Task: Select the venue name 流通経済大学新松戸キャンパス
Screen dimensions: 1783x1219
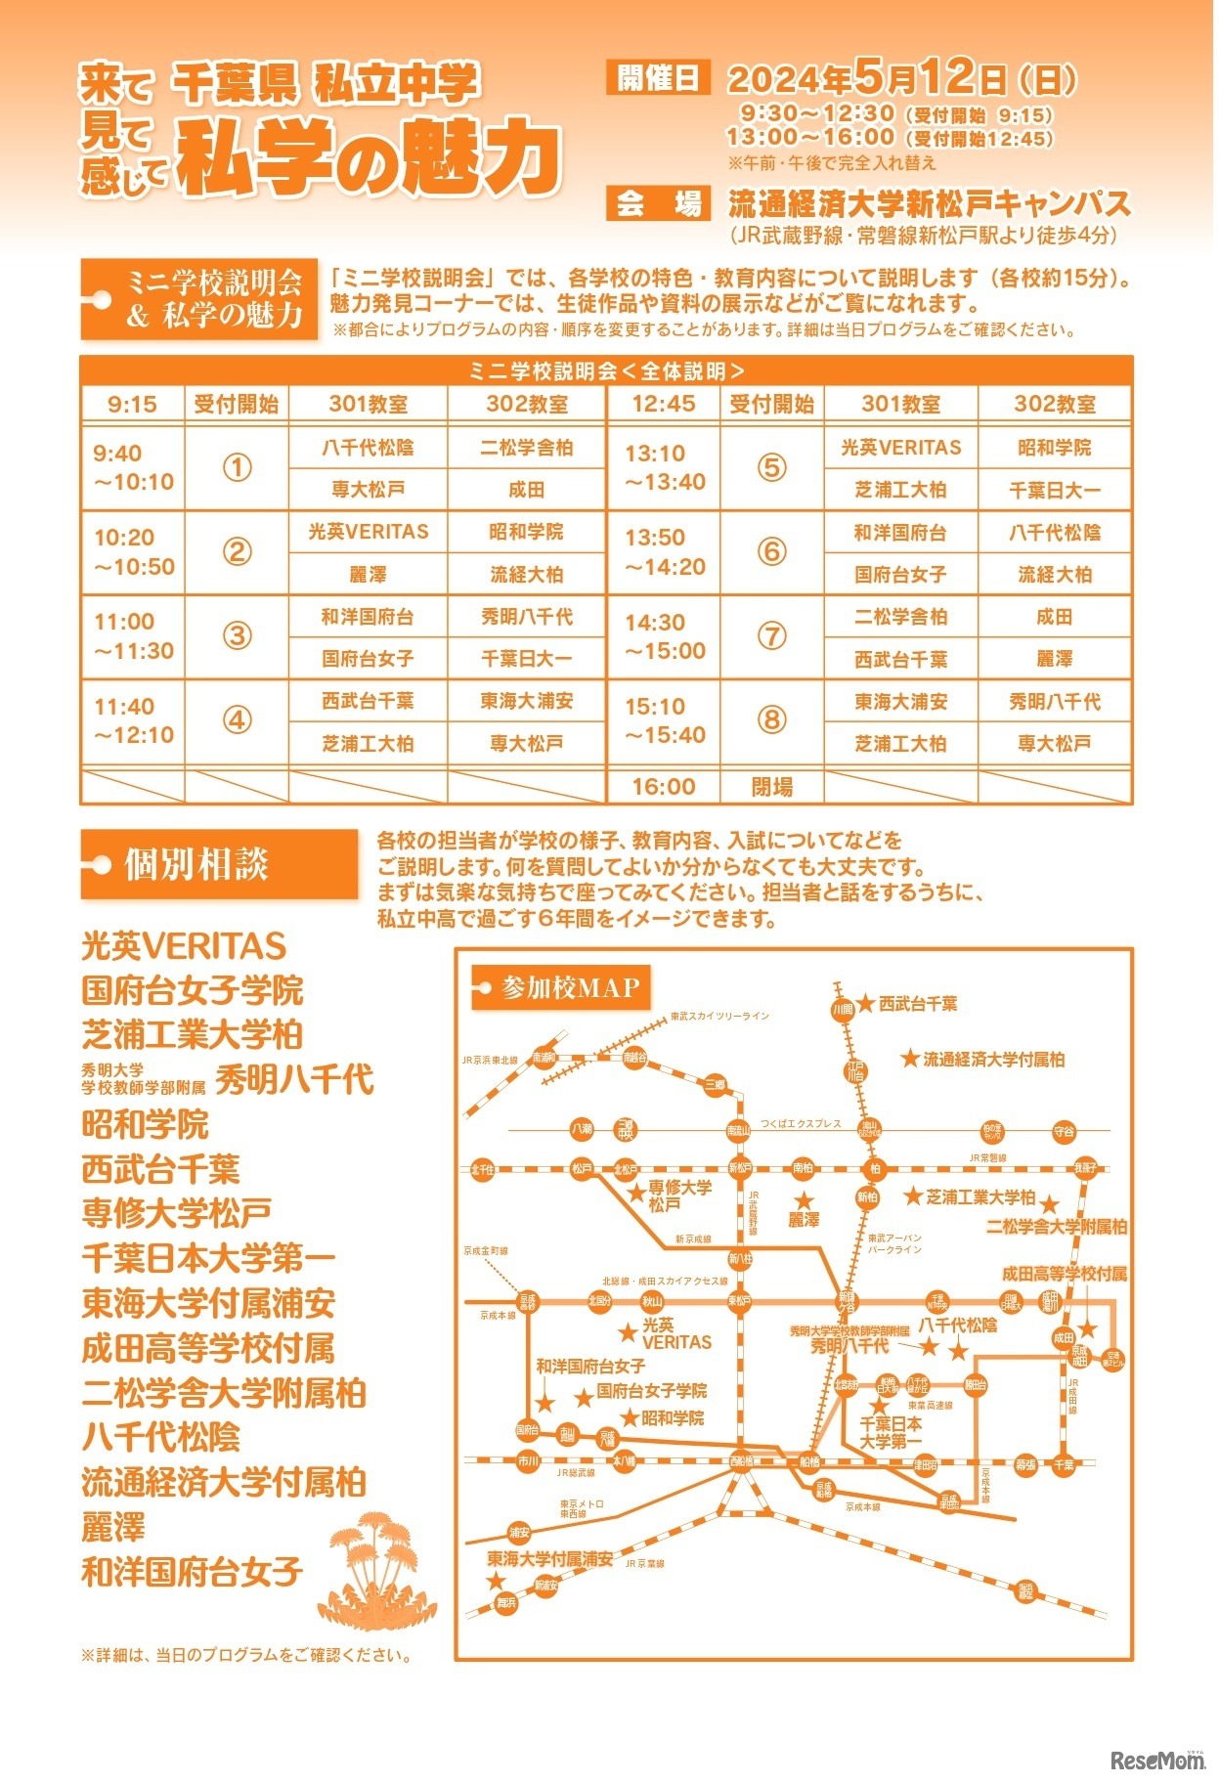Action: coord(929,203)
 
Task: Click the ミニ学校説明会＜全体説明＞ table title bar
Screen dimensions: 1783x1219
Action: coord(606,370)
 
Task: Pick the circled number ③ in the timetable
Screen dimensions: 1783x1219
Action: coord(237,636)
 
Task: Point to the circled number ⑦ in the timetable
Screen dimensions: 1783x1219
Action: coord(771,636)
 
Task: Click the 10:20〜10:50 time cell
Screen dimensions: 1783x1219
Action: coord(134,552)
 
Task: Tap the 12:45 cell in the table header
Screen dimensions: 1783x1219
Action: coord(664,404)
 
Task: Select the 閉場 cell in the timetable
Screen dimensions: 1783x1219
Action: coord(771,787)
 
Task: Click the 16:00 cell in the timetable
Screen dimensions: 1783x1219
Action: coord(664,787)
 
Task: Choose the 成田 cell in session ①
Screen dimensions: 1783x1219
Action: coord(526,490)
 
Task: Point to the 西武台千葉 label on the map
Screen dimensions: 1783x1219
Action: coord(917,1004)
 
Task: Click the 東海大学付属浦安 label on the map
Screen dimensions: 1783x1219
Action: coord(550,1559)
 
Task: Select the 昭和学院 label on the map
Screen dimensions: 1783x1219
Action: coord(673,1418)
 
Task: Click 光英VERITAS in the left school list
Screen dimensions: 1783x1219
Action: coord(184,946)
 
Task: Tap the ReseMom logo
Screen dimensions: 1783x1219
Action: coord(1157,1761)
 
